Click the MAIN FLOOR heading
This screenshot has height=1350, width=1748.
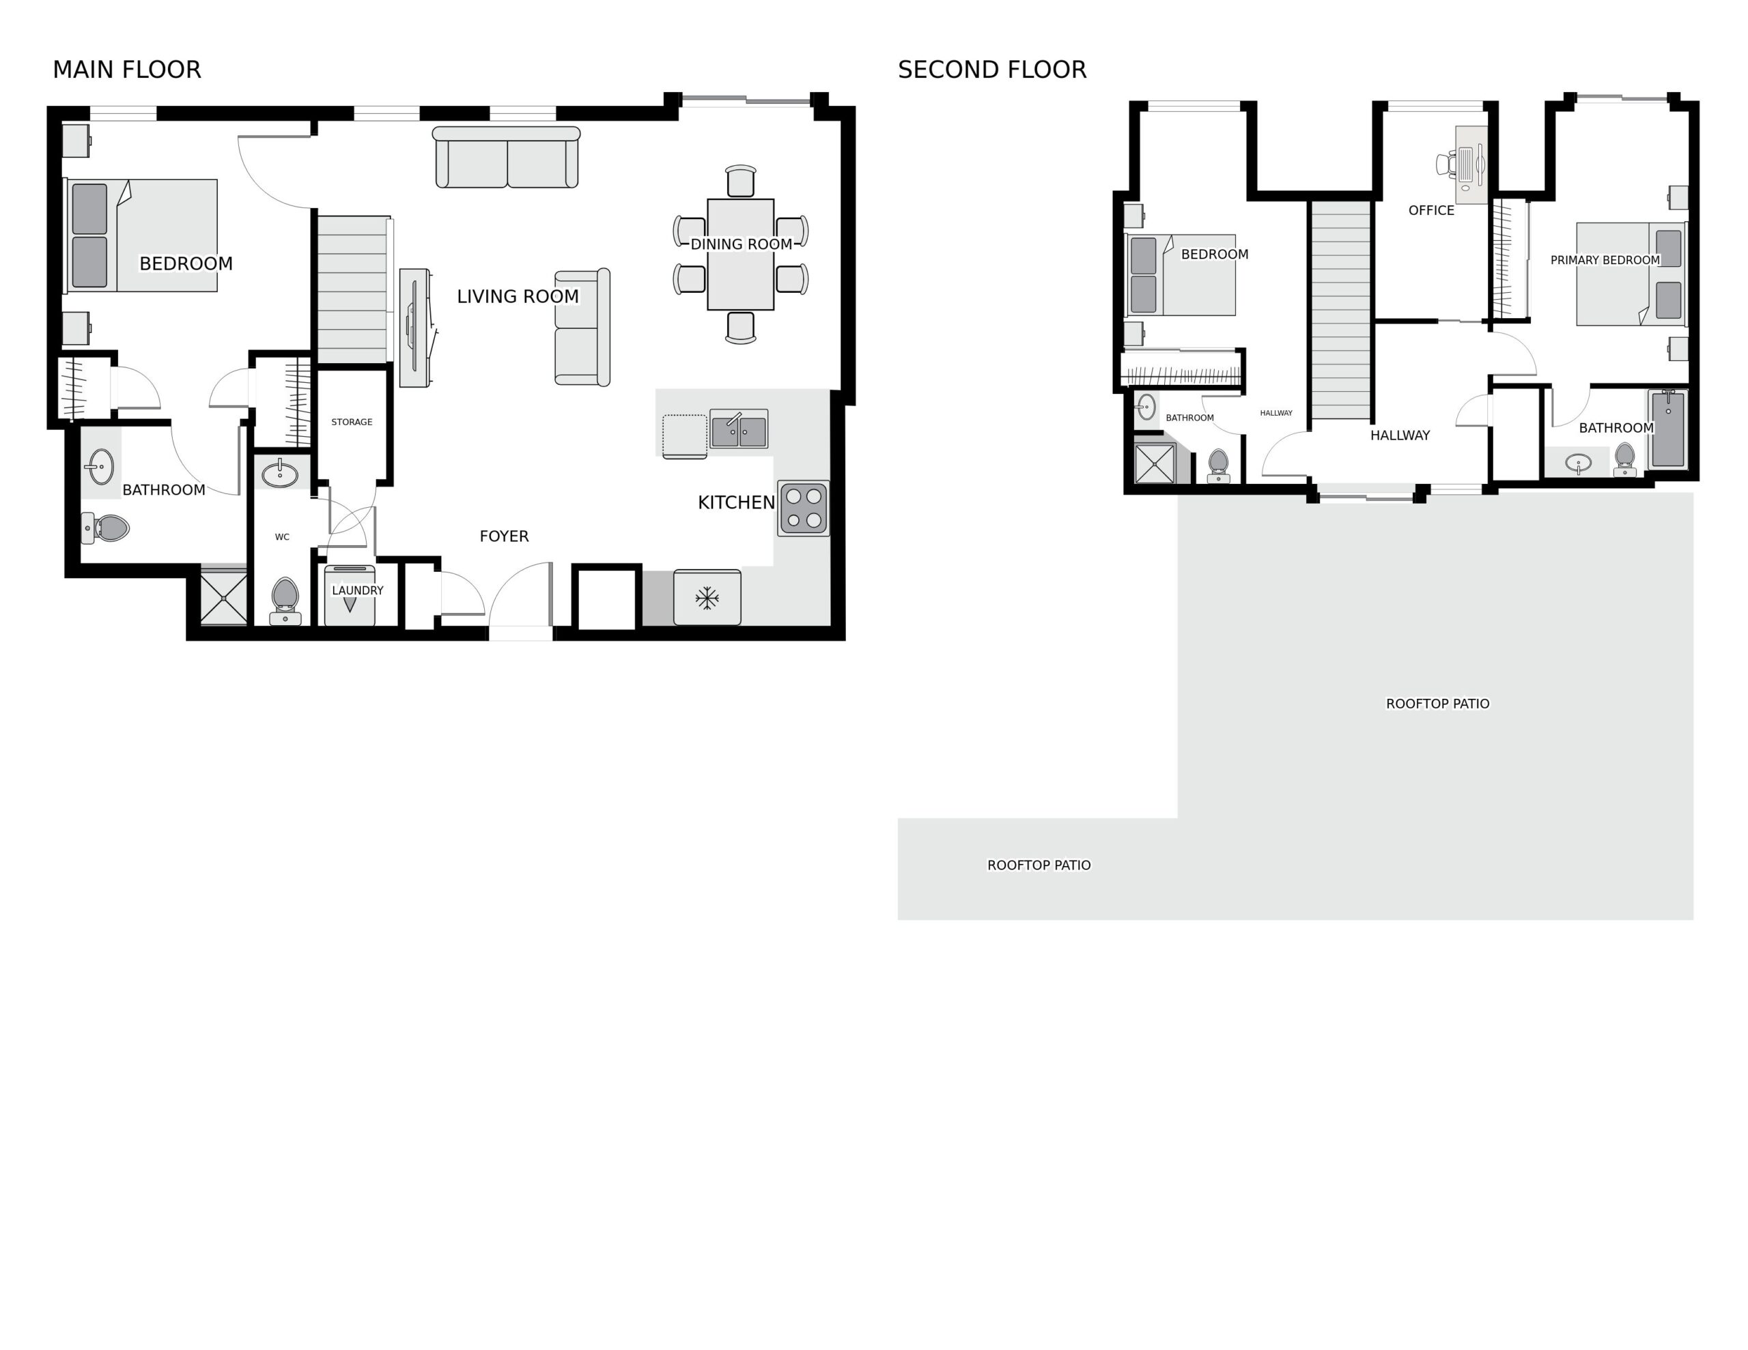tap(126, 70)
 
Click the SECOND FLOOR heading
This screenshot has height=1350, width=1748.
tap(991, 70)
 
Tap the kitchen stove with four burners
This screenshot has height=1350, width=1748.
tap(804, 508)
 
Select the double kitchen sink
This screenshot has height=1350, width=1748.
tap(739, 430)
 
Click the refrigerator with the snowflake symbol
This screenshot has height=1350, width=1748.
tap(707, 597)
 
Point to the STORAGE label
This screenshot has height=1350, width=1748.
tap(352, 422)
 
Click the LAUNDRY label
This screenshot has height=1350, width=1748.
tap(357, 590)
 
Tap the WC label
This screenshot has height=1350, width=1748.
tap(282, 537)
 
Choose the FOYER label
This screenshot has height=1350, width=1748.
tap(504, 536)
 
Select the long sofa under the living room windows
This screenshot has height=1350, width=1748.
tap(507, 158)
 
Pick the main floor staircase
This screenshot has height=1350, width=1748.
tap(353, 289)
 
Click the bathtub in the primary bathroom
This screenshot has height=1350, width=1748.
tap(1668, 429)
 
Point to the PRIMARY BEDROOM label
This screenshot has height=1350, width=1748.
tap(1605, 260)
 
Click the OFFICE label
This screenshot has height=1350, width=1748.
tap(1431, 210)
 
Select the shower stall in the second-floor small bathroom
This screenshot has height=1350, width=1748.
tap(1155, 463)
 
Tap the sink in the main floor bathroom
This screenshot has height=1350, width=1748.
tap(101, 467)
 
